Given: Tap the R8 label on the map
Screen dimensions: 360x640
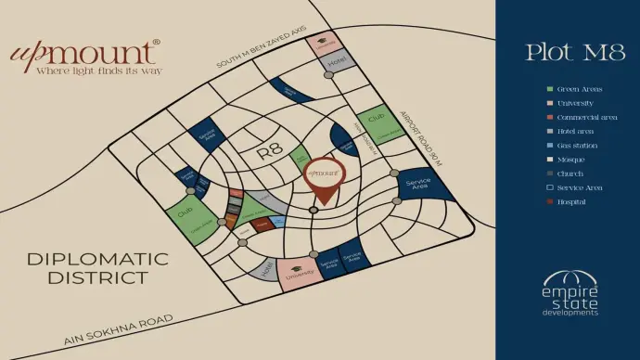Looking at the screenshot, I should pos(269,151).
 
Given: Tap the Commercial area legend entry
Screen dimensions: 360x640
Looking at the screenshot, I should pos(582,118).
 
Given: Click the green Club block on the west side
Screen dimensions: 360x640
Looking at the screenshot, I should pos(189,216).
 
